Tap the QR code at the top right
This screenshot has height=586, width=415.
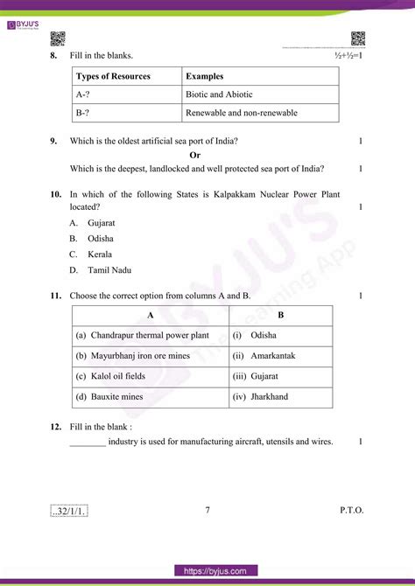[x=358, y=38]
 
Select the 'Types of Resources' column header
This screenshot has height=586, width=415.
[x=113, y=77]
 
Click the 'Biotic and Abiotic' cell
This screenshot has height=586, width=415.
[x=218, y=94]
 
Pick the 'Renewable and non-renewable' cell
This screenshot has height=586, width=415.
[x=241, y=113]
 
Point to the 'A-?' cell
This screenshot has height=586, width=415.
[x=84, y=94]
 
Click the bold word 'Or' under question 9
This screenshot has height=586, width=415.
[x=207, y=155]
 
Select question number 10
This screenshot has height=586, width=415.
[x=55, y=194]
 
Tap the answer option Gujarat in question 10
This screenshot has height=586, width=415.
[x=101, y=223]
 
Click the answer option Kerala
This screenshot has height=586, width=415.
[x=99, y=255]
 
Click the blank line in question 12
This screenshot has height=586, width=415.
[x=88, y=443]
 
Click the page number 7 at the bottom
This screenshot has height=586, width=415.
[x=207, y=510]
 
